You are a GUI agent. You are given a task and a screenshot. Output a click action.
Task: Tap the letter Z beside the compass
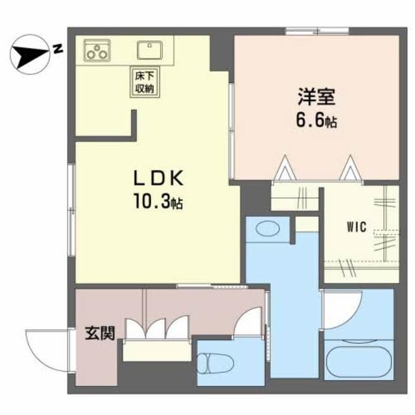point(58,49)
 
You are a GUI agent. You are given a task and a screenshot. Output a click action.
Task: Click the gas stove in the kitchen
point(95,50)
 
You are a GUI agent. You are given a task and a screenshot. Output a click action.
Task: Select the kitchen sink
point(151,49)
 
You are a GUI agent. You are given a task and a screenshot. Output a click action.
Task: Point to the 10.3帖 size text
point(158,202)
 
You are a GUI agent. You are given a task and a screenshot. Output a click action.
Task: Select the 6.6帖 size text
point(316,121)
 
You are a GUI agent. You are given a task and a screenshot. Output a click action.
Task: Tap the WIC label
point(357,228)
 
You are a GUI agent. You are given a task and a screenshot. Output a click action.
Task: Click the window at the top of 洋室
point(318,30)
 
